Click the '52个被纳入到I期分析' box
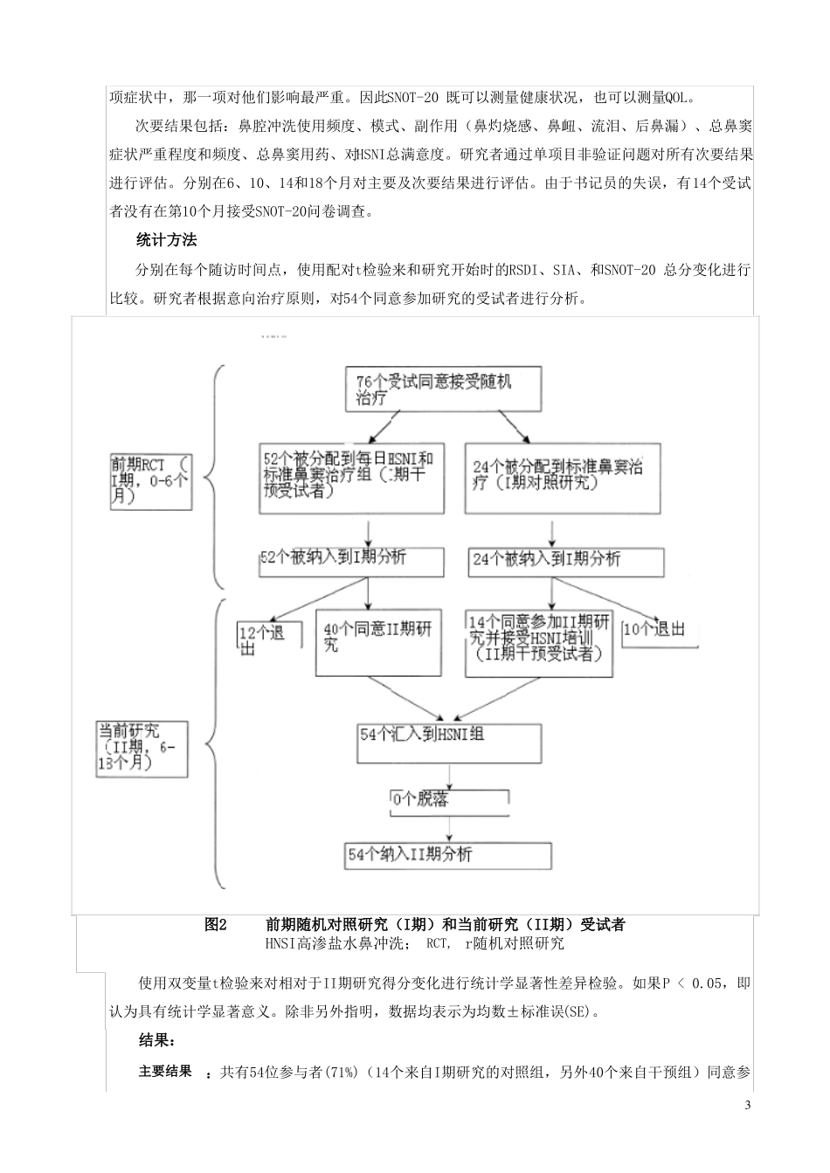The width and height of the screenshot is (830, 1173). (x=334, y=558)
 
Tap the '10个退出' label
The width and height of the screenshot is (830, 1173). (x=654, y=630)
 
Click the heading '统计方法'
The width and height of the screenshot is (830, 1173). (x=167, y=240)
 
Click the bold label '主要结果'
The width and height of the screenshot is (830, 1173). (x=165, y=1071)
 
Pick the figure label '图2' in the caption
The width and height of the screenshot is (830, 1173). (x=216, y=925)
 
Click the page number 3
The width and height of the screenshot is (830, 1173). (x=747, y=1107)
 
